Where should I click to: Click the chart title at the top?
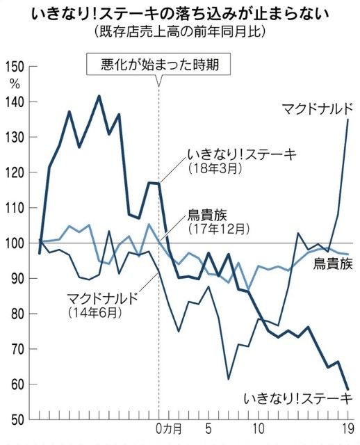tap(180, 14)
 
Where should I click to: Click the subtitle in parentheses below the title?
tap(180, 31)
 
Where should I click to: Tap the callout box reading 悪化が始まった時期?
tap(158, 65)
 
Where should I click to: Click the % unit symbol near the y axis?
tap(15, 83)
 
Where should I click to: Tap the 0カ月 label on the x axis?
tap(169, 428)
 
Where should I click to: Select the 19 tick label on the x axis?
tap(347, 428)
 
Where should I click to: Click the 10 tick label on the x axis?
tap(259, 428)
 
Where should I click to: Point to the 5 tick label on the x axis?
tap(208, 428)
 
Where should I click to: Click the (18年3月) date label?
tap(215, 169)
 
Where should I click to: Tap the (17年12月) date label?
tap(219, 229)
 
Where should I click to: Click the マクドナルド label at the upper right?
tap(318, 109)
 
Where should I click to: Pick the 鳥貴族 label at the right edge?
tap(333, 264)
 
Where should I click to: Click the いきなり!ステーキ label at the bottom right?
tap(298, 398)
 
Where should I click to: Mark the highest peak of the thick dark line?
tap(99, 96)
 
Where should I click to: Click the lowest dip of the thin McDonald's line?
tap(229, 379)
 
